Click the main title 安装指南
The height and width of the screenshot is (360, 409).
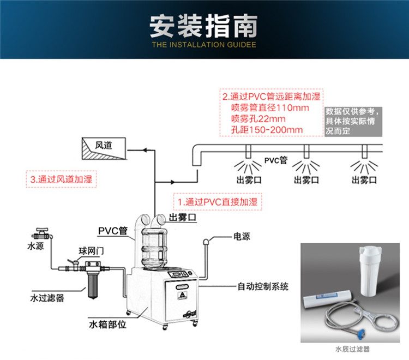click(x=204, y=25)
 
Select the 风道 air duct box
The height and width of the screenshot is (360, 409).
click(x=104, y=146)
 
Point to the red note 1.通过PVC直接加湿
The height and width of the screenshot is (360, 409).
click(x=217, y=201)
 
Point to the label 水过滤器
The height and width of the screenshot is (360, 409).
click(x=47, y=298)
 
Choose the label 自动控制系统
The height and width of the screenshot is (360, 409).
click(x=263, y=286)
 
